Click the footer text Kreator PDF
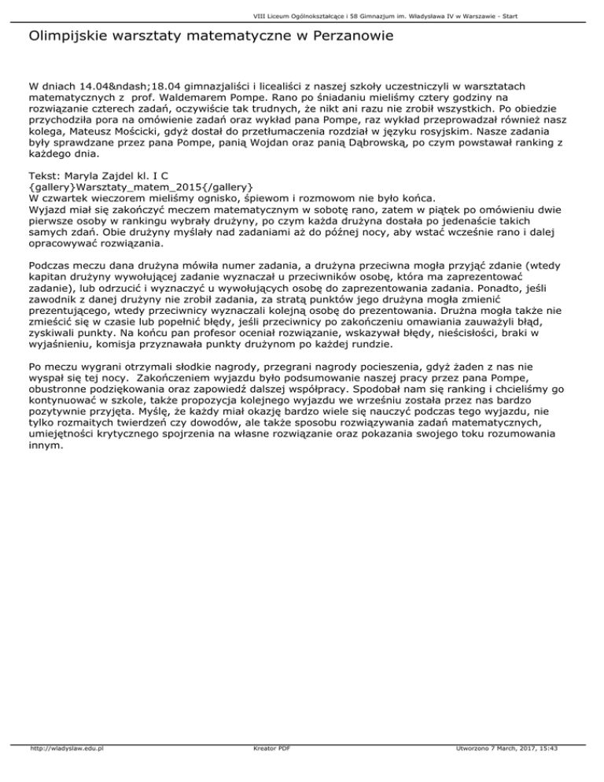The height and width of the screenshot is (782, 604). coord(268,771)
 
